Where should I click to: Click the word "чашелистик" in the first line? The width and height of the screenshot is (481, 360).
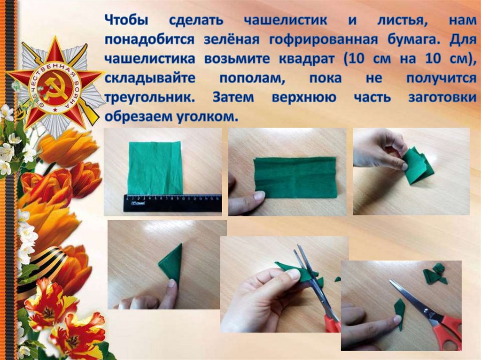286,21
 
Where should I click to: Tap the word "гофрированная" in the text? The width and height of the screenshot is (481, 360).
323,40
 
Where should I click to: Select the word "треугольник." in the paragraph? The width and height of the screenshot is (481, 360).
150,98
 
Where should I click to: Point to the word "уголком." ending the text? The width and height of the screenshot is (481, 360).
207,116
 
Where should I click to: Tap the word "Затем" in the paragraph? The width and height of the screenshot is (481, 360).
233,98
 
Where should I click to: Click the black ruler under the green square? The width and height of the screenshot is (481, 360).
173,203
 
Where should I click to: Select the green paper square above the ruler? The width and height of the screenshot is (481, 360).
156,168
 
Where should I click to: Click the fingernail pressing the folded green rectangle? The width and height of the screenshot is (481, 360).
259,196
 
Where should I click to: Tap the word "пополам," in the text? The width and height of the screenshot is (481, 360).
252,78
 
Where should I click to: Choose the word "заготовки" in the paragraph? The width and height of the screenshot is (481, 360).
442,98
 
